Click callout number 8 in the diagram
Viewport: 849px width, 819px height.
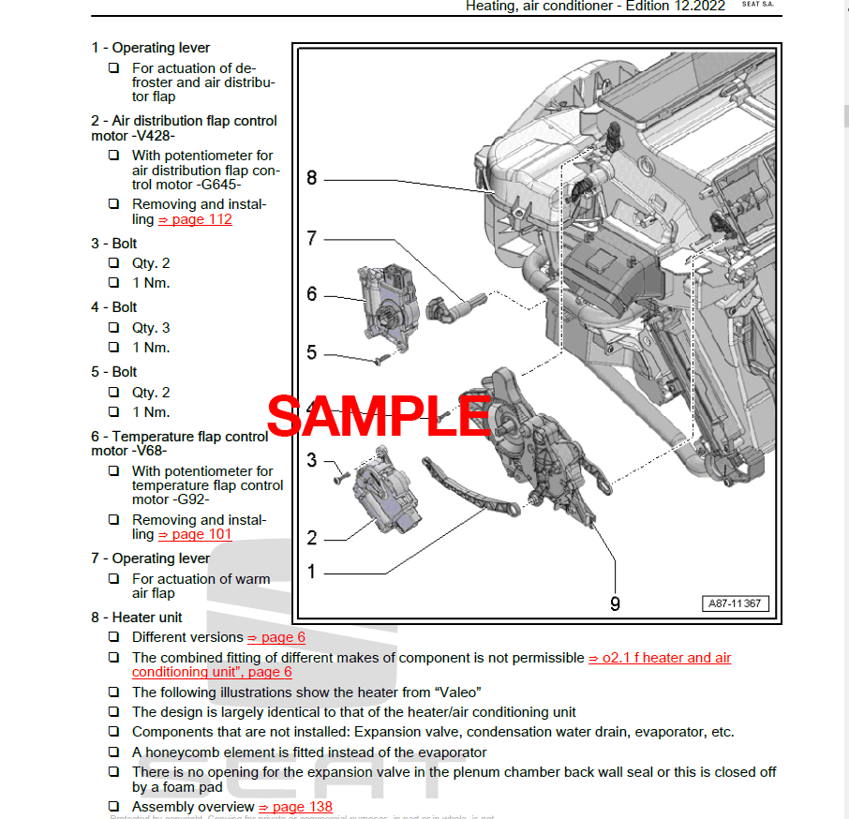point(311,178)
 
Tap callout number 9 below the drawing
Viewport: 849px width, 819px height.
point(615,603)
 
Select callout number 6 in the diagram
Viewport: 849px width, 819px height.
point(311,294)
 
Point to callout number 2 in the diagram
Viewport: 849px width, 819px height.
point(311,538)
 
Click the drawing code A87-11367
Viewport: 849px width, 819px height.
point(736,604)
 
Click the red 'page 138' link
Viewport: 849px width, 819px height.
point(295,807)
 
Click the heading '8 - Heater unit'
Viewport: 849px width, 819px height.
point(137,618)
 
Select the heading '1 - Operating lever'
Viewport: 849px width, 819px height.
point(150,48)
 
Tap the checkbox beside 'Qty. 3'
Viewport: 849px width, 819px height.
point(113,328)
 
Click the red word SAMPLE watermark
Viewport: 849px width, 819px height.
point(379,417)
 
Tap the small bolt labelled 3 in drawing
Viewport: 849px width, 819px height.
point(339,477)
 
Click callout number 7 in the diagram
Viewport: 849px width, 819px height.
point(311,238)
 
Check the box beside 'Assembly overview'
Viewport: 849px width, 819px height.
point(113,807)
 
